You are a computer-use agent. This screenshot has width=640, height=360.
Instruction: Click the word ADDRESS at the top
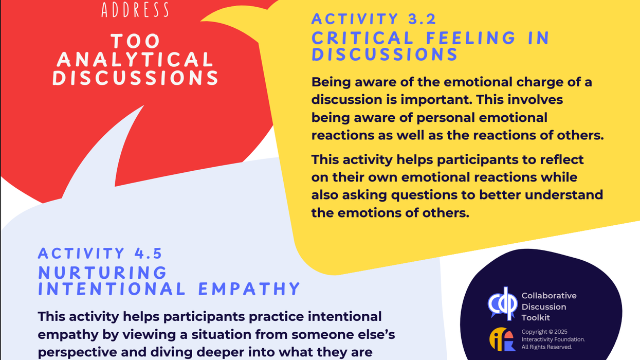point(136,9)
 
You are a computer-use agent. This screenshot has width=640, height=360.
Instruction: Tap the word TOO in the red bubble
point(136,41)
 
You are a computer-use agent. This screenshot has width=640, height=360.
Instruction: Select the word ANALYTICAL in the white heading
point(136,60)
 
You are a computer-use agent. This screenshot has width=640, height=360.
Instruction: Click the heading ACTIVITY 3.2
point(374,19)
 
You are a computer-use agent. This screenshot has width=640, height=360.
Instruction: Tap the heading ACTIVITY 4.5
point(100,253)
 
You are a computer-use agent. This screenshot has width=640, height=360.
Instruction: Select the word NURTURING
point(103,272)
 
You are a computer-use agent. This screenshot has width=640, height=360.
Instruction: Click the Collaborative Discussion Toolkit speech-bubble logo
point(502,304)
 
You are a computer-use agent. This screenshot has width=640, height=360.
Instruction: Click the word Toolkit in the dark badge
point(537,318)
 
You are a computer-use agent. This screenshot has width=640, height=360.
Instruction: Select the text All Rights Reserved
point(546,347)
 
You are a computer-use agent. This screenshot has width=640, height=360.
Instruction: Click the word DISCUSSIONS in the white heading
point(136,78)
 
